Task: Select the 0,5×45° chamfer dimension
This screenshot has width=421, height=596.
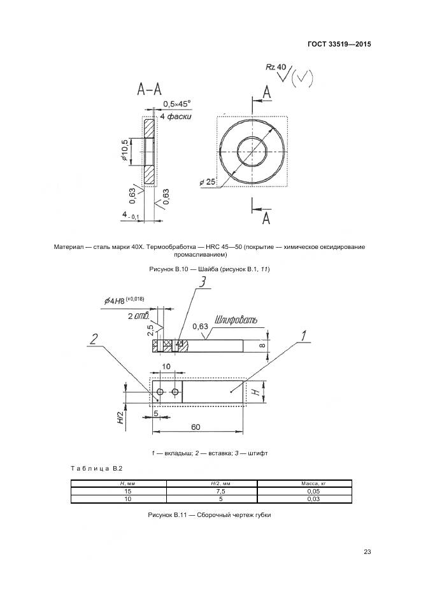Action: coord(176,103)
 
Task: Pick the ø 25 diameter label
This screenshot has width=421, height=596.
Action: coord(208,182)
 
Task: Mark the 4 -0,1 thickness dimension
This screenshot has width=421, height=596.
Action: coord(131,216)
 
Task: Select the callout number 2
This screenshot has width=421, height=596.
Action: coord(94,339)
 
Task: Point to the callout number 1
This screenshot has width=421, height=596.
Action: coord(304,336)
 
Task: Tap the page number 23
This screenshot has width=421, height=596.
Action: coord(367,551)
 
